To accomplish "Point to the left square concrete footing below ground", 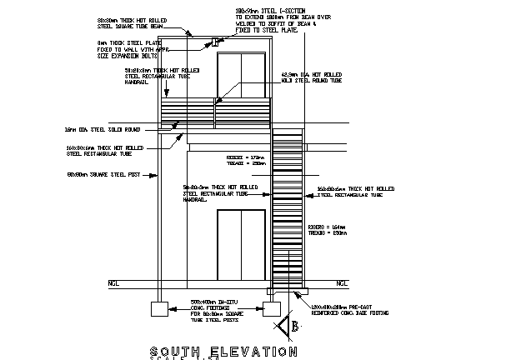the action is [x=159, y=310].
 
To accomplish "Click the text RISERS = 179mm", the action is [x=244, y=156].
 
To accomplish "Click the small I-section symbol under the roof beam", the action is [x=213, y=41].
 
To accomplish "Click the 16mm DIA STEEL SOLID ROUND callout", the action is [x=98, y=130].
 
